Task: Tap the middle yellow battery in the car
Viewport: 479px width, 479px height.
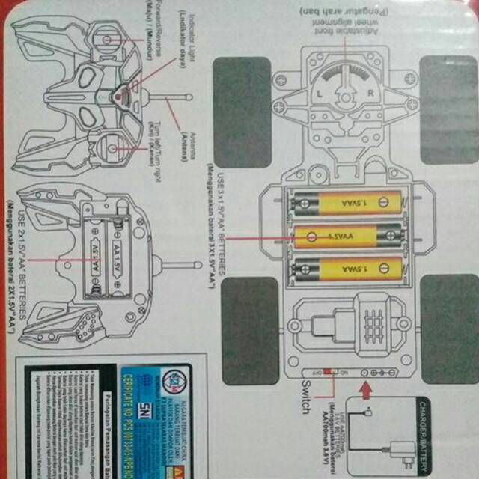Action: [x=347, y=237]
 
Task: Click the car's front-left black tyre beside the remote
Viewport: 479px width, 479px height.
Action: [x=242, y=102]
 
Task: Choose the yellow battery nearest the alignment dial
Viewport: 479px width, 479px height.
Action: [x=347, y=204]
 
